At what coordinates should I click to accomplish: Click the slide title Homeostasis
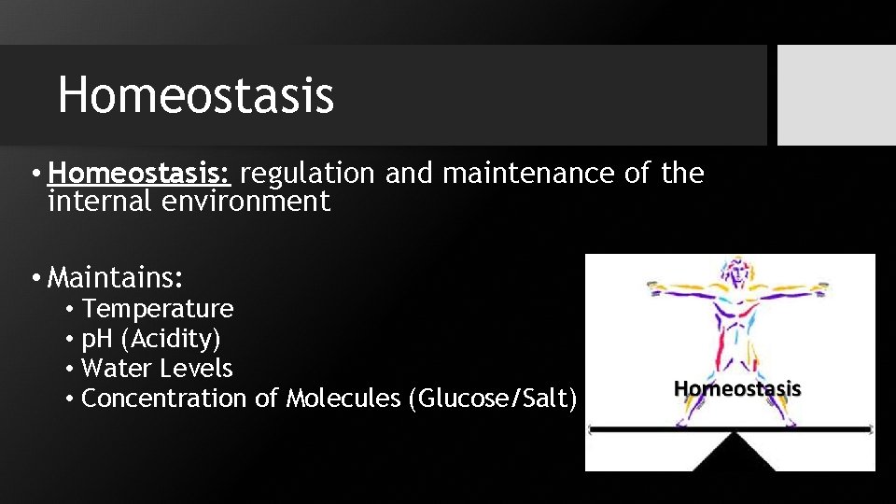(196, 95)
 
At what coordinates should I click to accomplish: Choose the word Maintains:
(115, 277)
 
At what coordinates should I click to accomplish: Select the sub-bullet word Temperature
(158, 309)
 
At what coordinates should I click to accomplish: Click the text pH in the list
(94, 339)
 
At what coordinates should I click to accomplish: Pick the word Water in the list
(112, 369)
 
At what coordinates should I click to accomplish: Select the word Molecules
(343, 399)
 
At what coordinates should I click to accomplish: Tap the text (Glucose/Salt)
(492, 399)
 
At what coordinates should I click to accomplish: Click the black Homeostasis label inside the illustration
(737, 388)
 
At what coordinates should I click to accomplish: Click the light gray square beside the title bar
(836, 95)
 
